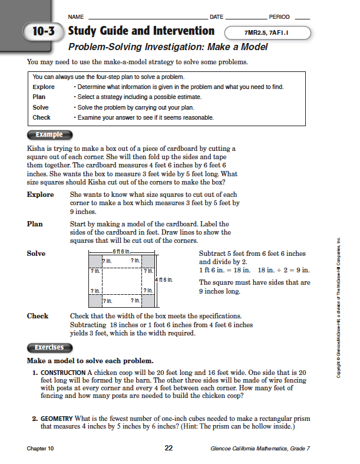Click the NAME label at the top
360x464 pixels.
pos(77,17)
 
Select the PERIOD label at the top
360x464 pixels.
pos(279,17)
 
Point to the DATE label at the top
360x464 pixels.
pos(216,17)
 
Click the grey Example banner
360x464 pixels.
pos(49,135)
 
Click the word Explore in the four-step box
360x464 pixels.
pos(44,87)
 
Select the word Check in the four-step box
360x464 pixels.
pos(41,117)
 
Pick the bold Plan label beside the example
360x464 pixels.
pos(35,224)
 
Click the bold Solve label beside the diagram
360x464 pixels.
pos(37,254)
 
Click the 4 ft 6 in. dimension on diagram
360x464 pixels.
pos(163,280)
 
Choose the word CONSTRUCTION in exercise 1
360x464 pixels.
pos(63,373)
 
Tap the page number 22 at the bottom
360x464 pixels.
pos(169,448)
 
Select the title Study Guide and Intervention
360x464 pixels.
pos(141,31)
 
